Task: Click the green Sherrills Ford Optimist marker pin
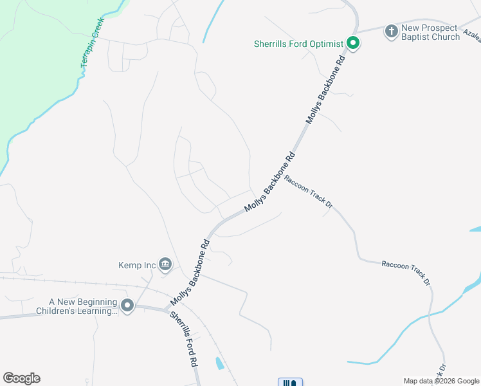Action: click(352, 44)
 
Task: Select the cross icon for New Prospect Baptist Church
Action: click(391, 31)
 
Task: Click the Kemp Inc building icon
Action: click(166, 264)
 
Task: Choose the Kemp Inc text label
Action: click(138, 264)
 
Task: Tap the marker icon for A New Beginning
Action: click(127, 306)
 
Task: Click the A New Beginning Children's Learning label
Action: click(84, 306)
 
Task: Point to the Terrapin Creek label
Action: click(91, 43)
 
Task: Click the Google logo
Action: click(21, 378)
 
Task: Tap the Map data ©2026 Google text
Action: click(441, 381)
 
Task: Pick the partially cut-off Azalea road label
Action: click(471, 39)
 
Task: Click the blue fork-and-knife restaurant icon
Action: click(290, 383)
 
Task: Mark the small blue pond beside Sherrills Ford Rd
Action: click(220, 363)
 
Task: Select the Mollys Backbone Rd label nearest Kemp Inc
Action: click(190, 273)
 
